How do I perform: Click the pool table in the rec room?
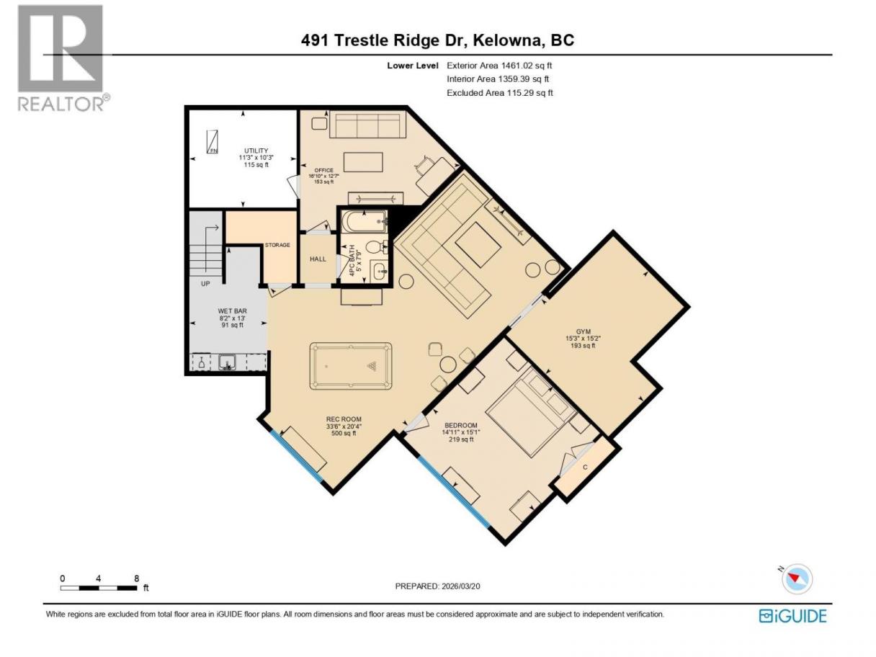pyautogui.click(x=350, y=365)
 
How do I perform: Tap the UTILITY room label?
pyautogui.click(x=256, y=151)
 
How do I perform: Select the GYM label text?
pyautogui.click(x=583, y=331)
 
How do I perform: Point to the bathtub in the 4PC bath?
pyautogui.click(x=364, y=221)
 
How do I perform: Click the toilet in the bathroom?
pyautogui.click(x=376, y=247)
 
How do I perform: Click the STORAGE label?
pyautogui.click(x=277, y=245)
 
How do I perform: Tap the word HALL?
pyautogui.click(x=318, y=259)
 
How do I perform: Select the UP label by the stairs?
pyautogui.click(x=205, y=284)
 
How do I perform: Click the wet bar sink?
pyautogui.click(x=228, y=362)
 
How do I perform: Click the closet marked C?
pyautogui.click(x=586, y=468)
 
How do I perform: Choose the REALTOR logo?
pyautogui.click(x=63, y=58)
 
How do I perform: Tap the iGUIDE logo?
pyautogui.click(x=792, y=616)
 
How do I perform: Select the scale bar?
pyautogui.click(x=99, y=588)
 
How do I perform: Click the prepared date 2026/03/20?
pyautogui.click(x=460, y=586)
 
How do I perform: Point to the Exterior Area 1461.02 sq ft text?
pyautogui.click(x=499, y=66)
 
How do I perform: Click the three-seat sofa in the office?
pyautogui.click(x=367, y=125)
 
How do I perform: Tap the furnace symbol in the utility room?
pyautogui.click(x=213, y=142)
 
